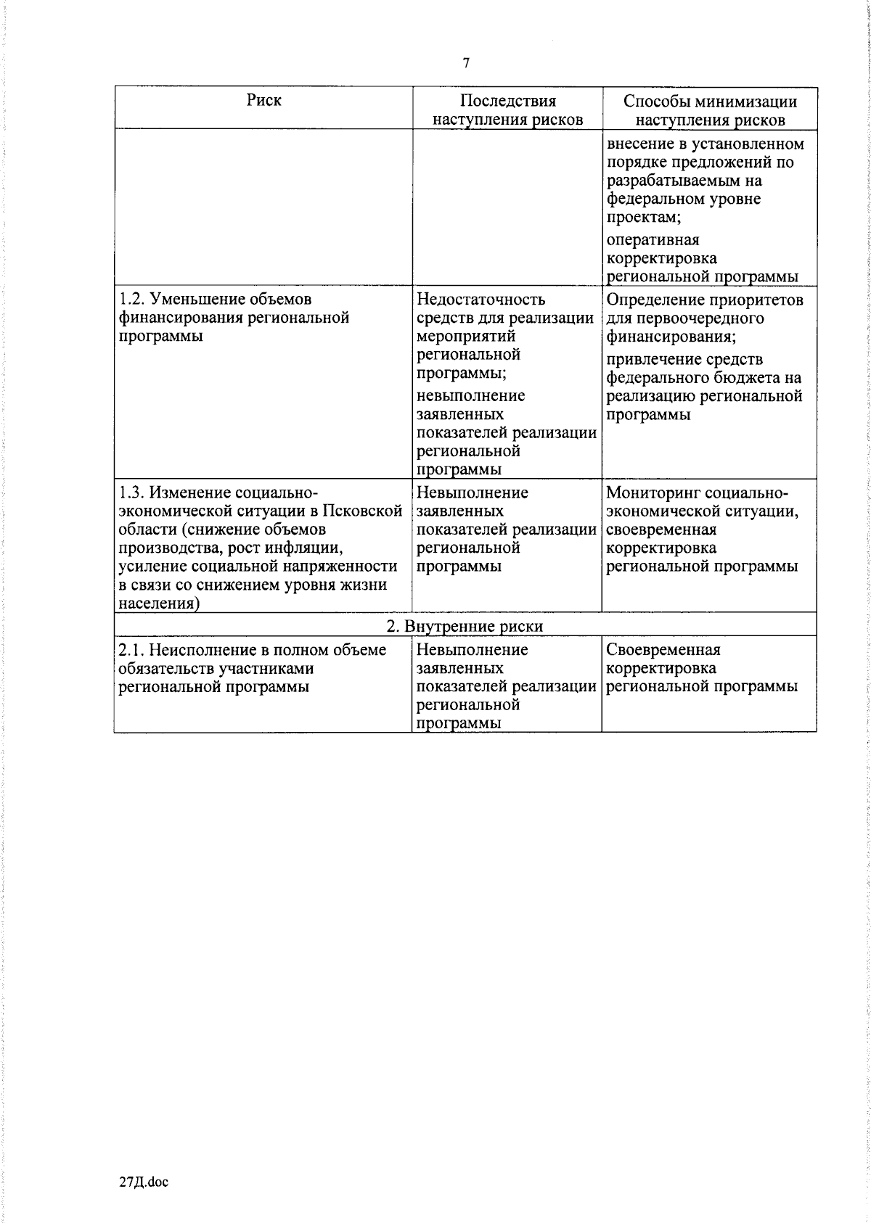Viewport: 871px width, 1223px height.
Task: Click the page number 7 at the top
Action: (466, 63)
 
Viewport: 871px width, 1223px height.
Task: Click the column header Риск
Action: (264, 100)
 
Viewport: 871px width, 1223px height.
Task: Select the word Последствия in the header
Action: (507, 101)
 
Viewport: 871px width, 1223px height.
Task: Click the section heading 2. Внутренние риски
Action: (465, 626)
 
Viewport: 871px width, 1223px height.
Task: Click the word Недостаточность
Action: (481, 299)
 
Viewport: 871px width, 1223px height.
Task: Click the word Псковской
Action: (367, 511)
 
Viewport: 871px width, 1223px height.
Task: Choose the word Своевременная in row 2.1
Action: (663, 650)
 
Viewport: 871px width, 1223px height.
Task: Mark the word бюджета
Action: (749, 378)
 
